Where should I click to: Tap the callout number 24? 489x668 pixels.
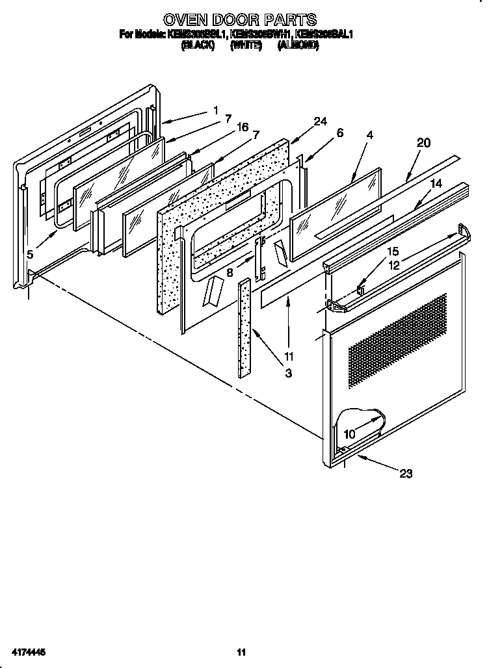click(x=319, y=122)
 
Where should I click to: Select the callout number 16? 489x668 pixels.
click(x=242, y=127)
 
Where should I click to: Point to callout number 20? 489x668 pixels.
click(x=423, y=143)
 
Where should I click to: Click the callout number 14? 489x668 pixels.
click(x=435, y=184)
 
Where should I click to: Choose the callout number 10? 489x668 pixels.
click(x=349, y=434)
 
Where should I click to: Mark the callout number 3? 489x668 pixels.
click(x=288, y=373)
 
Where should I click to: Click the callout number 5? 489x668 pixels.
click(x=30, y=255)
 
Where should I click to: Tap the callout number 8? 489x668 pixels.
click(x=230, y=273)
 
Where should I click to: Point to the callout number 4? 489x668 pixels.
click(x=369, y=135)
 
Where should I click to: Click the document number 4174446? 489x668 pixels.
click(x=27, y=652)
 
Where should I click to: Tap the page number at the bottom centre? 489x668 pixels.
click(x=241, y=652)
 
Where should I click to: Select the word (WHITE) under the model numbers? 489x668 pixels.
click(x=246, y=45)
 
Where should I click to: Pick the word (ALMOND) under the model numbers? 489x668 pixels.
click(x=298, y=45)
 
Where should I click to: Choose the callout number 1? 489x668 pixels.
click(x=215, y=110)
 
